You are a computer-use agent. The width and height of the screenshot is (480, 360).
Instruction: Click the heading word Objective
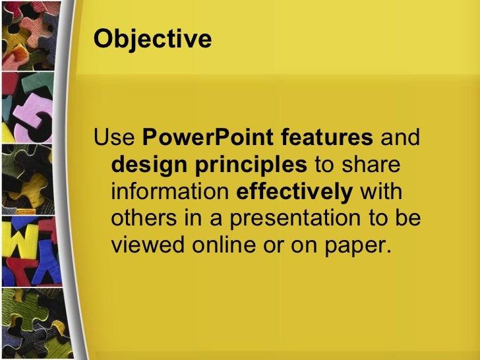click(x=152, y=40)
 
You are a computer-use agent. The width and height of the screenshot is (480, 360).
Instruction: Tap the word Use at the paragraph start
click(x=115, y=139)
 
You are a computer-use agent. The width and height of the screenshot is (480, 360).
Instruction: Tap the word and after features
click(x=401, y=139)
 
